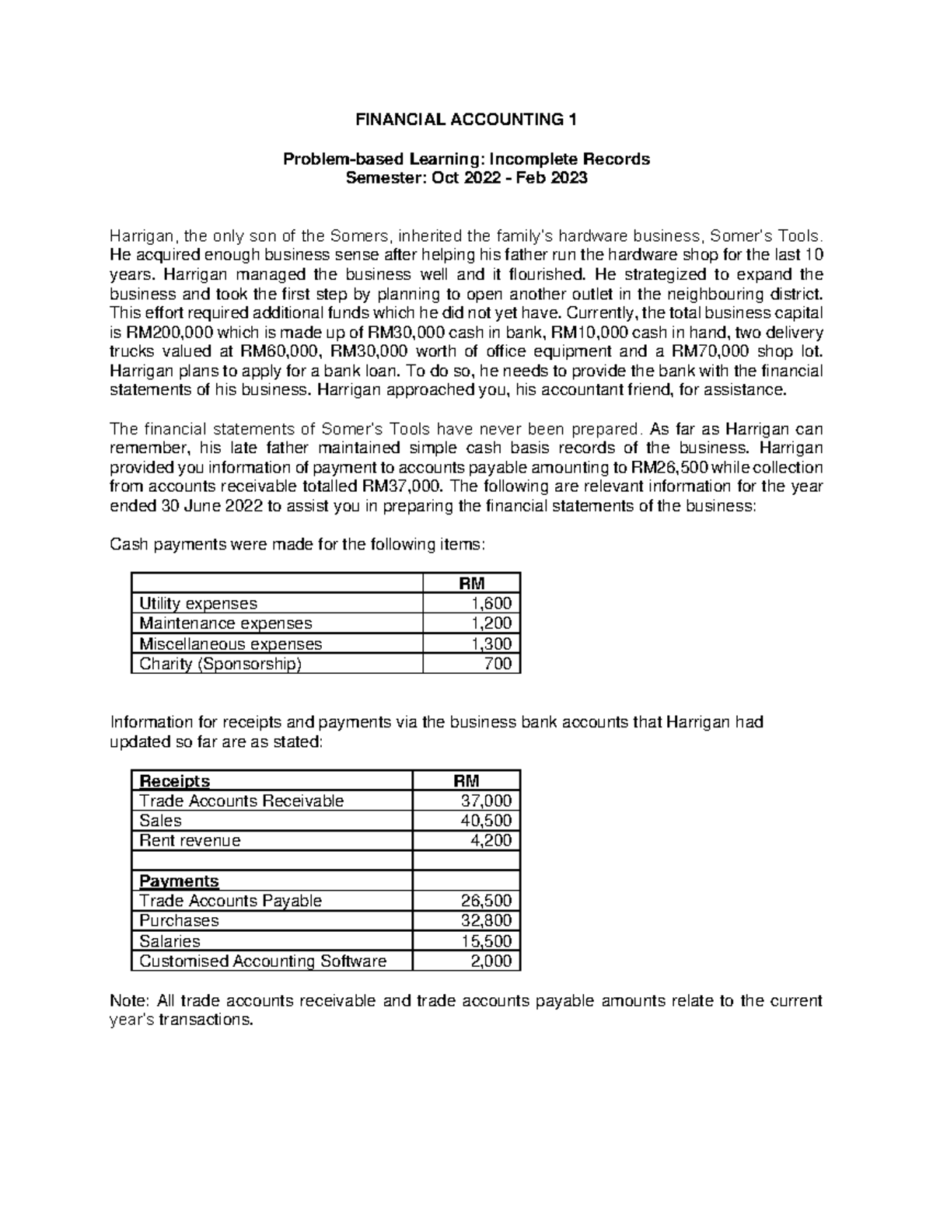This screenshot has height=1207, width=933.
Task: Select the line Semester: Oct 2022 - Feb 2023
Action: point(466,178)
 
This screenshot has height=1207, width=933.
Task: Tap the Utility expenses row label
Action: point(197,603)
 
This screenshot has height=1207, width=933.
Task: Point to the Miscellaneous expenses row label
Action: point(230,644)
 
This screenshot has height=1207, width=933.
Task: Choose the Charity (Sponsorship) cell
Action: point(219,664)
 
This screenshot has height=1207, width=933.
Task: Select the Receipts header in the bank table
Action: point(174,780)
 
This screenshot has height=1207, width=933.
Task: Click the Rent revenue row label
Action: point(190,840)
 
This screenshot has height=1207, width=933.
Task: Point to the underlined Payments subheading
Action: point(179,881)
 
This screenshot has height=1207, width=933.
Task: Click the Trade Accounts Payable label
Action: point(230,901)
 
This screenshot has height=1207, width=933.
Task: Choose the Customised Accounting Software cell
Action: point(263,961)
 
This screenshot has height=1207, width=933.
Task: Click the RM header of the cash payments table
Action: point(472,583)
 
